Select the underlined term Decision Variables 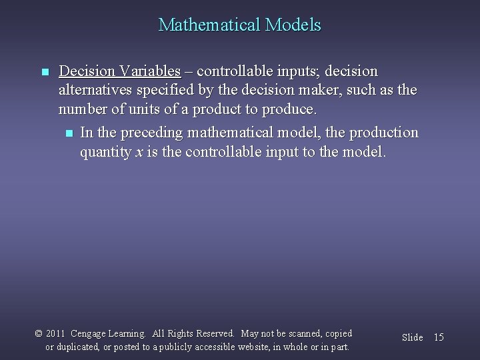119,71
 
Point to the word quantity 106,153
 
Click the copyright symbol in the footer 39,333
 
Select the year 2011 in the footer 56,333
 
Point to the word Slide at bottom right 412,337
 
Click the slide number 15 438,337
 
